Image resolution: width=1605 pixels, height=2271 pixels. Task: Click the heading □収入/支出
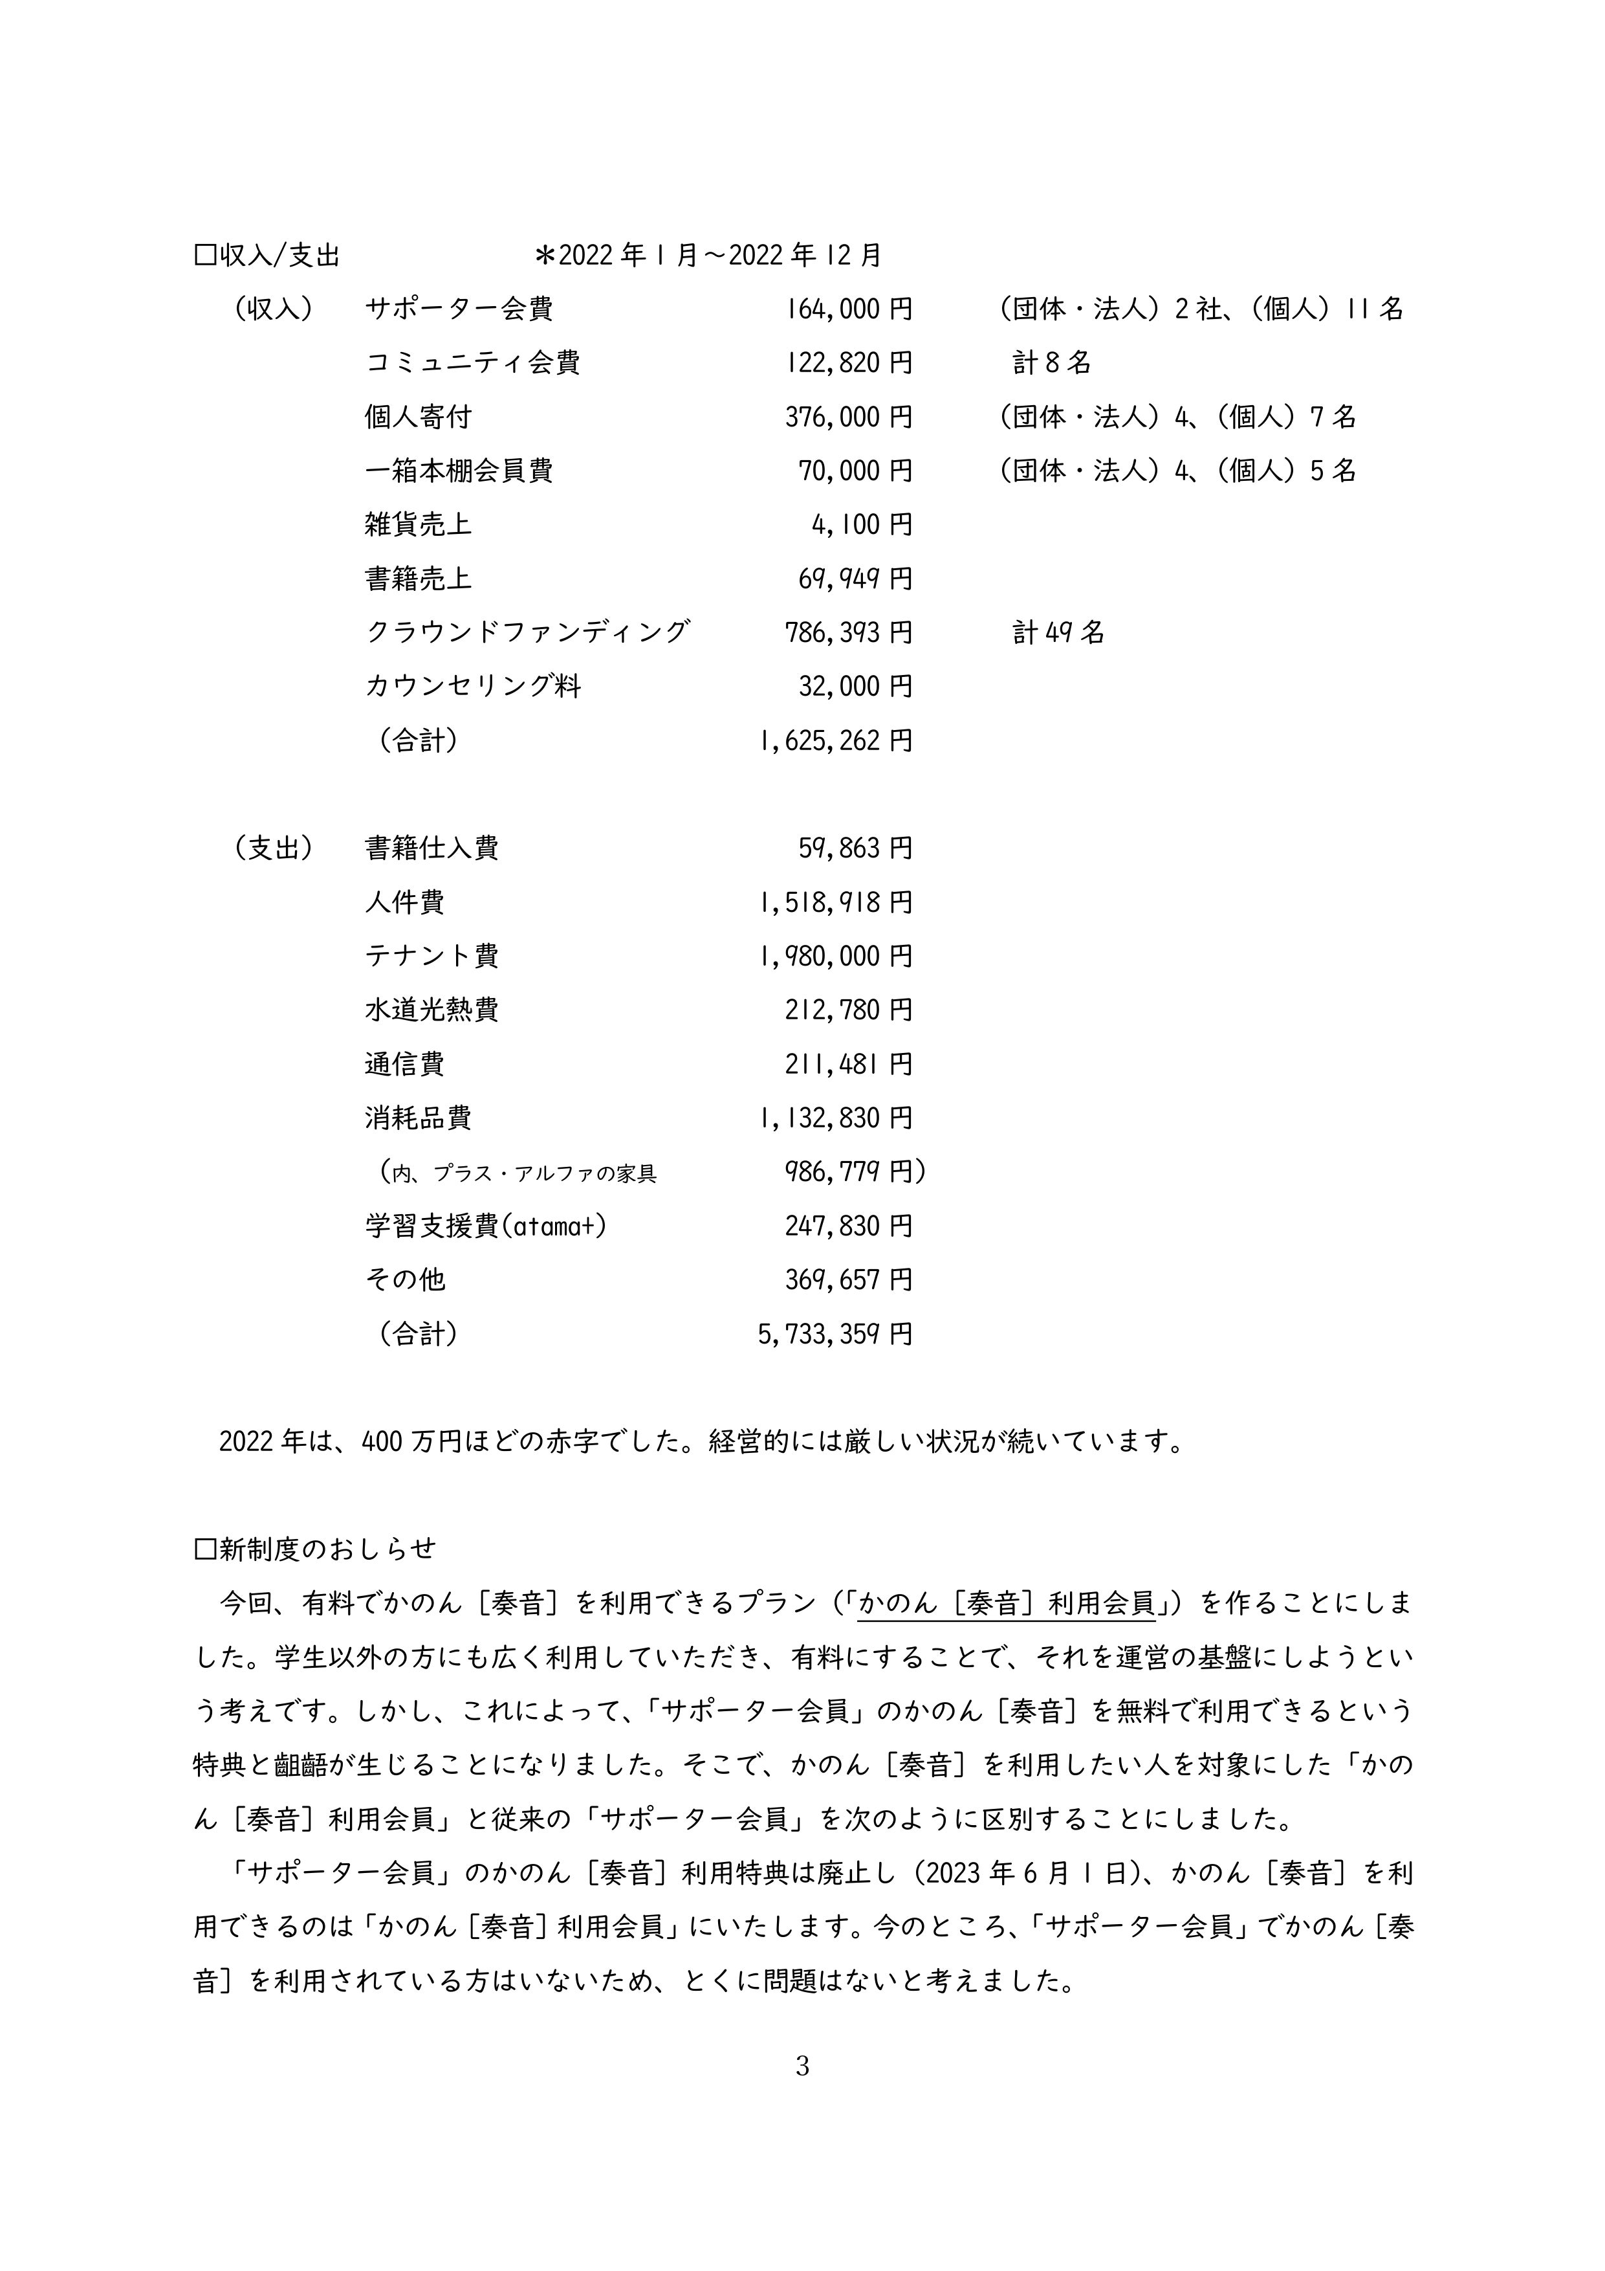(268, 256)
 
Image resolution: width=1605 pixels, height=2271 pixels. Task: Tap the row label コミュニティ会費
(473, 363)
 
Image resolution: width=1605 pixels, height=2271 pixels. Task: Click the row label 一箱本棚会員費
(458, 471)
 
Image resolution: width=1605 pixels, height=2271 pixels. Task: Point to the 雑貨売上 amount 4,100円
(861, 526)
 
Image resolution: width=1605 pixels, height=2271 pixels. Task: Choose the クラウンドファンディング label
(527, 632)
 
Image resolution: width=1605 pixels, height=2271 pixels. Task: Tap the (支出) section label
(274, 848)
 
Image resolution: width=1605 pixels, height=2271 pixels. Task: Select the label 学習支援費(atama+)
(486, 1226)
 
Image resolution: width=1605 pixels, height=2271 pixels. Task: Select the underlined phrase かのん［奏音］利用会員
(1007, 1603)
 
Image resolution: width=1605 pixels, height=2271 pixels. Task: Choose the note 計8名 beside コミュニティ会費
(1051, 363)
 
